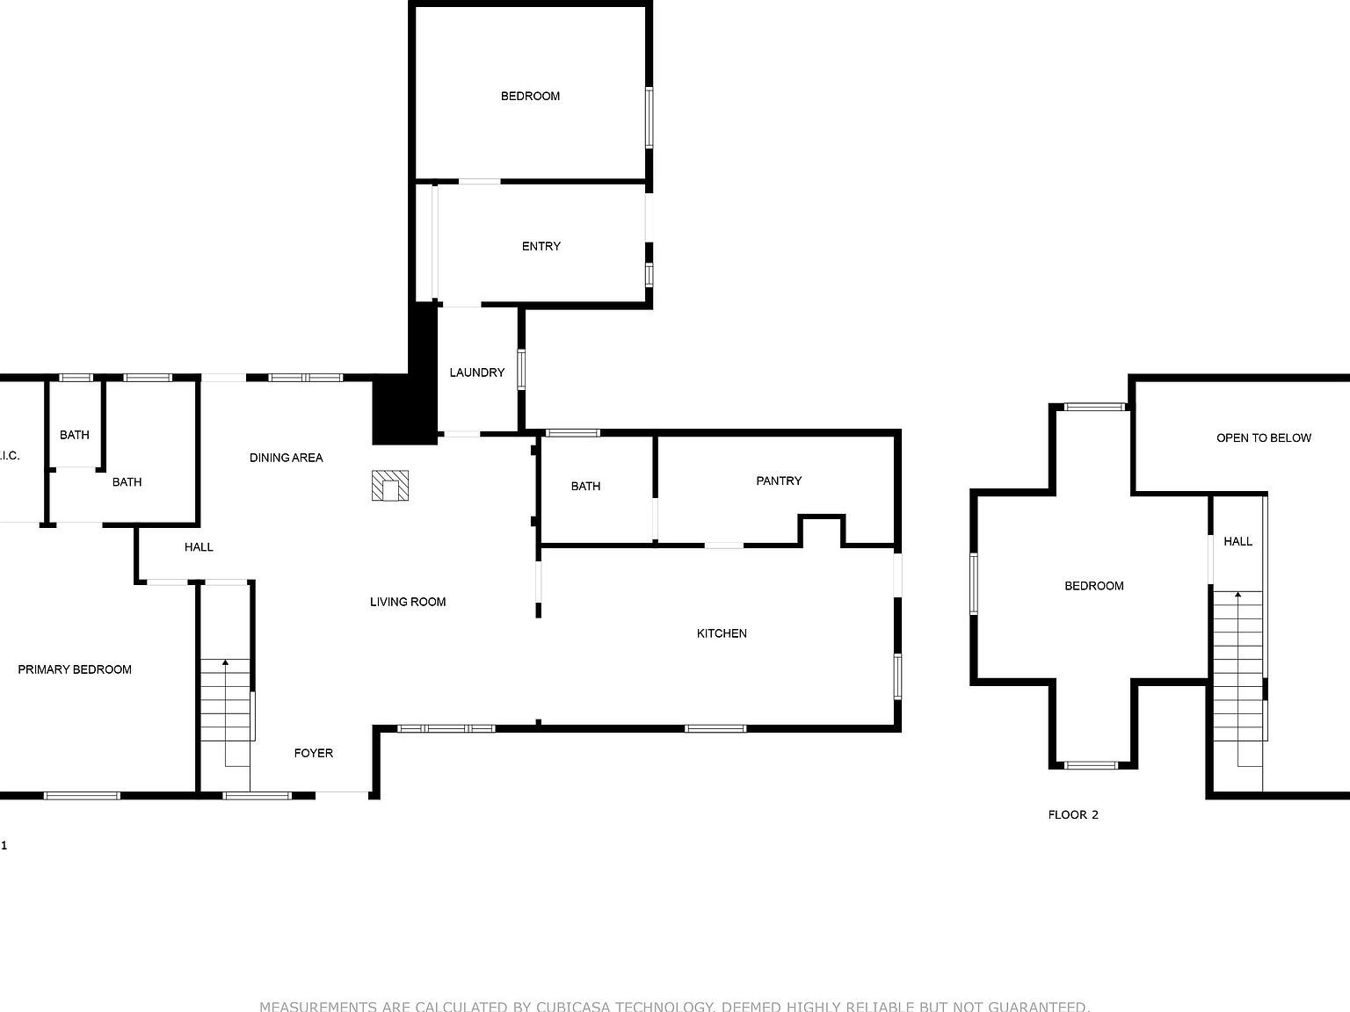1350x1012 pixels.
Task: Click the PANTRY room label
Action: coord(779,481)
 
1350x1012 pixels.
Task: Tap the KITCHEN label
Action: coord(722,633)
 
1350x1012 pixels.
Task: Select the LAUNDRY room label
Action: coord(476,372)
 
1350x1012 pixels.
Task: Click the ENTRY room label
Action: coord(541,246)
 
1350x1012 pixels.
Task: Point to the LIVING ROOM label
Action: coord(408,602)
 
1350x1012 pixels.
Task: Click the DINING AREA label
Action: coord(286,458)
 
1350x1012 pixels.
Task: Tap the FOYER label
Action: coord(313,753)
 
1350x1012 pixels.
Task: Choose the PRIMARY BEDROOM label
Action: coord(75,669)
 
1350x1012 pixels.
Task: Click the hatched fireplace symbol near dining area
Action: coord(390,486)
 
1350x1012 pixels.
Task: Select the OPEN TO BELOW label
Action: coord(1263,437)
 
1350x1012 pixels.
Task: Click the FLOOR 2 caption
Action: coord(1073,814)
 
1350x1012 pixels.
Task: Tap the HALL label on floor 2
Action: coord(1237,541)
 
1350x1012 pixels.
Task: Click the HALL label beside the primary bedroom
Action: coord(199,547)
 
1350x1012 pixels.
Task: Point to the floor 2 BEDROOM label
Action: coord(1093,586)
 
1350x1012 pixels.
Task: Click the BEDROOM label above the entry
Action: coord(530,96)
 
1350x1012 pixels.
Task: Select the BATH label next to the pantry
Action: coord(585,486)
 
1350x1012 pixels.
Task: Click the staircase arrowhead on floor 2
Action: coord(1238,596)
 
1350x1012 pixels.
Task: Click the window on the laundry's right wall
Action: coord(521,369)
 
